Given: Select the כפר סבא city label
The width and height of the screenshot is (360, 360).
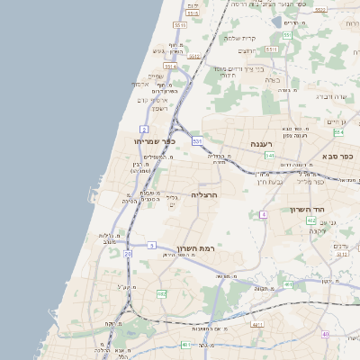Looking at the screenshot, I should click(x=340, y=157).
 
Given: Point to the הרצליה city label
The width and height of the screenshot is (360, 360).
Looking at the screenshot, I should click(x=205, y=194).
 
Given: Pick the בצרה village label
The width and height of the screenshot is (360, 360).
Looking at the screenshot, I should click(x=274, y=80).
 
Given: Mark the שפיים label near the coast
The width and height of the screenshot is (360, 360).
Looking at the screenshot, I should click(x=156, y=76).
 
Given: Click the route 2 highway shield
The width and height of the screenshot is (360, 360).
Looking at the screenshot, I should click(x=144, y=130).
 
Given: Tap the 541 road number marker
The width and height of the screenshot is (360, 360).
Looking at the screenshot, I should click(x=268, y=156).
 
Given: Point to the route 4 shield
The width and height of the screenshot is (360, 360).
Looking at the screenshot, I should click(x=263, y=215).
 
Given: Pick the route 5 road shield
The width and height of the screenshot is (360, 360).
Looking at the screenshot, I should click(x=152, y=245).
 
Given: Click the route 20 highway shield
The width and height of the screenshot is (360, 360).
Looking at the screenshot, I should click(x=128, y=255).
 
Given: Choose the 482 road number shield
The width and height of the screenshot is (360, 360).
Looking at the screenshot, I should click(x=161, y=293).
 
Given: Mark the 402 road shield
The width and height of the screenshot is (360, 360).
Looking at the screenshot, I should click(x=310, y=220).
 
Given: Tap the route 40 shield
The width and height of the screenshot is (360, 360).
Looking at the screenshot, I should click(x=325, y=334).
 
